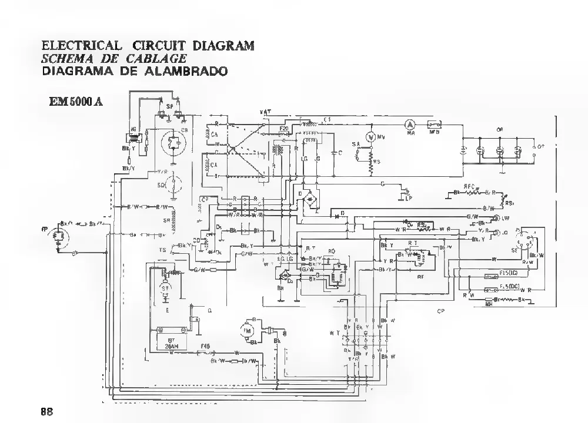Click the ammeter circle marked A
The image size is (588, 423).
410,125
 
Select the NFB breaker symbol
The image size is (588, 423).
435,125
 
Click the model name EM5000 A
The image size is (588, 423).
76,100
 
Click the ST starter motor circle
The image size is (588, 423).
165,289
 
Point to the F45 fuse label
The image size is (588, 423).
205,347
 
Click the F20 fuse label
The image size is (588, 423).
283,127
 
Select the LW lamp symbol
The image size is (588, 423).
496,218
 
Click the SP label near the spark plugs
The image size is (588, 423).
169,106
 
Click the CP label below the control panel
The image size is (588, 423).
440,311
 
